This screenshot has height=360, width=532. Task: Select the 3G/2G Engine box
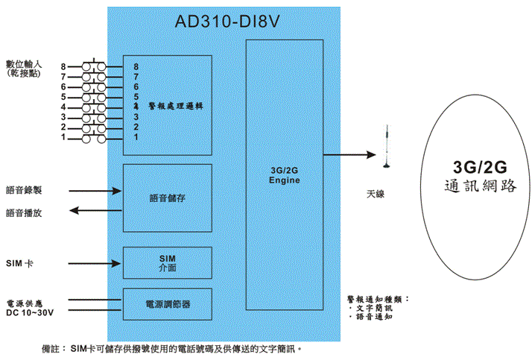(284, 176)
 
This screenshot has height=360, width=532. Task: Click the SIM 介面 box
(167, 262)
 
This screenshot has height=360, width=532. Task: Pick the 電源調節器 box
(167, 304)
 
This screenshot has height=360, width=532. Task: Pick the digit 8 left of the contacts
(64, 67)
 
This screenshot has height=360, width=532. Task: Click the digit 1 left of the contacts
(64, 138)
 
